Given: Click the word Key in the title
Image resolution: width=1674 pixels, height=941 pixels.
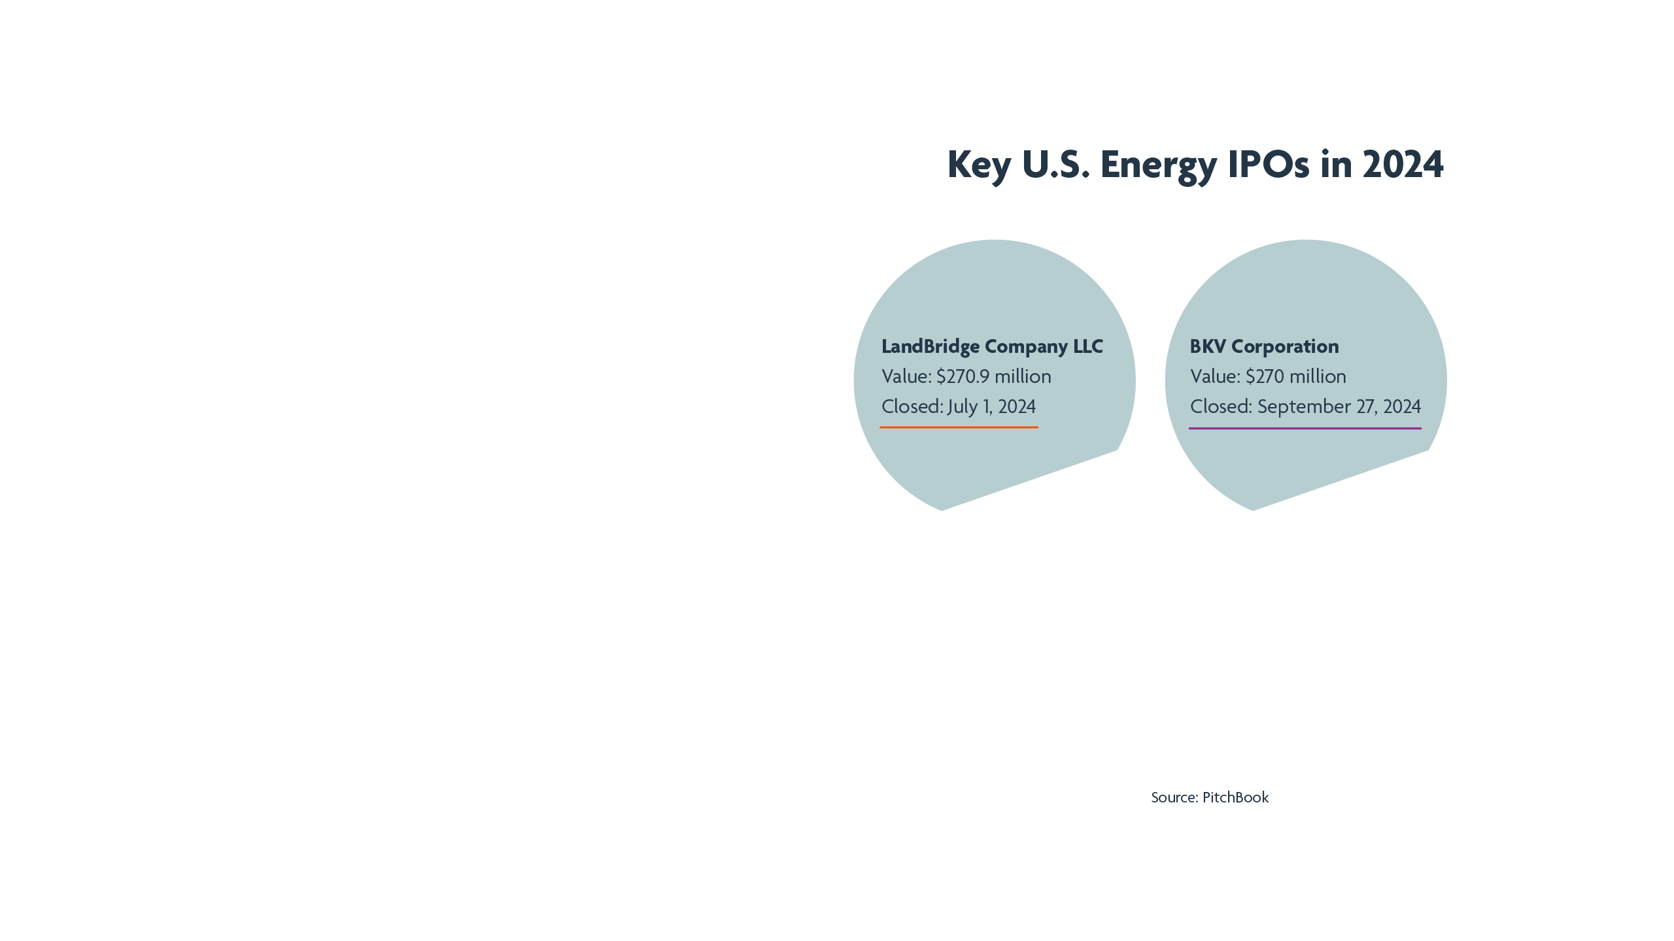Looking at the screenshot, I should pos(978,165).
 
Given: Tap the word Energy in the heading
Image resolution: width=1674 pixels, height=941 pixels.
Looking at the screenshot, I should pos(1158,165).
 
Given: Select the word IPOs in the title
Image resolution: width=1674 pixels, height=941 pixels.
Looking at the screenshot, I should pos(1268,165).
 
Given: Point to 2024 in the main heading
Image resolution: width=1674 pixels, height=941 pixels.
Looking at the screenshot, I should pos(1403,165).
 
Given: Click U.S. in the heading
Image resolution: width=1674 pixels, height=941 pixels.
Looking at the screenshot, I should pos(1055,165).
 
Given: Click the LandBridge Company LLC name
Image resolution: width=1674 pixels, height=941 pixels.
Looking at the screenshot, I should pos(992,346).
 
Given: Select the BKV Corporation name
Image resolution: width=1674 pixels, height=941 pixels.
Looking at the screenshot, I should pos(1264,346).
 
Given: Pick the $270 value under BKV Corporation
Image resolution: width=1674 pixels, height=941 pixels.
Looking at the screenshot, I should pos(1265,376).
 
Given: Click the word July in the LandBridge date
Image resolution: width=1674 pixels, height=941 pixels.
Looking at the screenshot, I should pos(962,406).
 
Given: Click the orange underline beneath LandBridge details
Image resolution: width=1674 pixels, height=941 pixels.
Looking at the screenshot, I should pos(959,427).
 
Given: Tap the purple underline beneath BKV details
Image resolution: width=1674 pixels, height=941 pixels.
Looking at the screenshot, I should pos(1305,429).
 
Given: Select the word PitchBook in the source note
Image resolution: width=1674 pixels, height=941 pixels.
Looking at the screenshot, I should pos(1235,797).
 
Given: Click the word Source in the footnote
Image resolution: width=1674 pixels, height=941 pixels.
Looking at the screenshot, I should pos(1173,797).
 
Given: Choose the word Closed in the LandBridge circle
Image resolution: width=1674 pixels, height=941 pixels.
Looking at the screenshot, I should pos(911,406).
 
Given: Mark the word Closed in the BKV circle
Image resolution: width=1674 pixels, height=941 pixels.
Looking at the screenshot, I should pos(1220,406).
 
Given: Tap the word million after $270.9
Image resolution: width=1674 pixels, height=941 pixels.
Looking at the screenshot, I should pos(1023,376).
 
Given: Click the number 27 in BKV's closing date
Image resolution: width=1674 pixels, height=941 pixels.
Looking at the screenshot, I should pos(1365,406).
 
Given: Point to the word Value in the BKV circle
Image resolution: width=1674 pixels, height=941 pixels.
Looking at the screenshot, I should pos(1214,376).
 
